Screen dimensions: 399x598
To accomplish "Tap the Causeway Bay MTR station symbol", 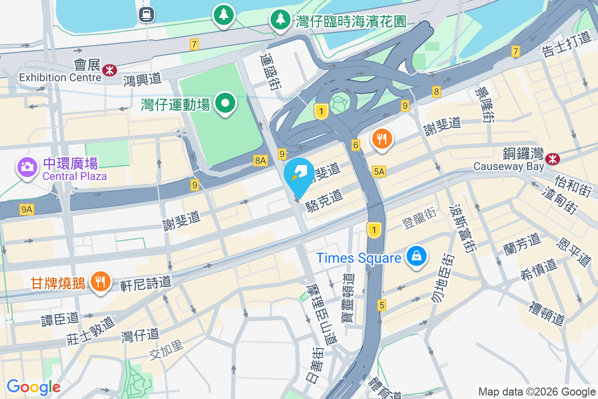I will (552, 159).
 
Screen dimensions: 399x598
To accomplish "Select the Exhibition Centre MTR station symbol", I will (107, 71).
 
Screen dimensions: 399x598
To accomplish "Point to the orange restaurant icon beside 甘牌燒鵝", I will (101, 282).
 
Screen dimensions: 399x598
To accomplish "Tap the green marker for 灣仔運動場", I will (225, 103).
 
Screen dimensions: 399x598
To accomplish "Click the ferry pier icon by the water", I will (147, 14).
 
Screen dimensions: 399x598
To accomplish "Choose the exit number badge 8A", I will (261, 160).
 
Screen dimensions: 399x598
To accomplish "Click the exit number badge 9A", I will (27, 210).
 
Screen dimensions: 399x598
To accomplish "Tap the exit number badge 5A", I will (379, 172).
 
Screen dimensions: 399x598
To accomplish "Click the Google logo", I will (34, 387).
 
